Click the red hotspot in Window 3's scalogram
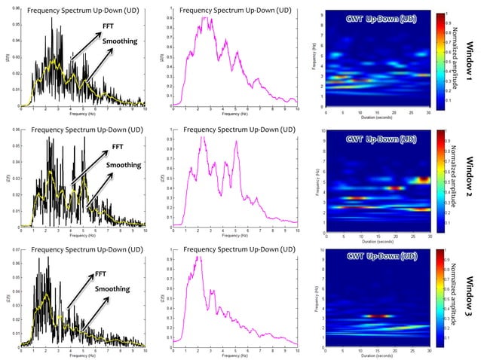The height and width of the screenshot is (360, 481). coord(377,316)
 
